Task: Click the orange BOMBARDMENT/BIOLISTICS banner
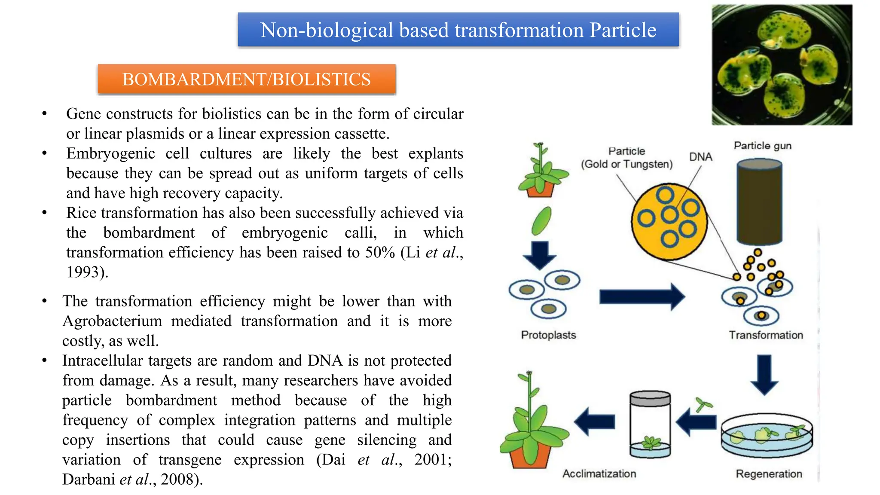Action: (x=246, y=79)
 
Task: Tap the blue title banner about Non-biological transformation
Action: (x=458, y=30)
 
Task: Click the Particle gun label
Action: (x=762, y=146)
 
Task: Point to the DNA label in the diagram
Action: (x=700, y=157)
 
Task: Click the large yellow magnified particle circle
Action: (x=669, y=222)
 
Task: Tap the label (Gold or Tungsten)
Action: (x=626, y=164)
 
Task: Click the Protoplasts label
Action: (x=548, y=335)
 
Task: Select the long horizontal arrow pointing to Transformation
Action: (x=642, y=296)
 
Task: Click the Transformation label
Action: (x=766, y=335)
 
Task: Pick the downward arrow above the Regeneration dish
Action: (x=764, y=374)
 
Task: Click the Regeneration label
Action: (x=769, y=474)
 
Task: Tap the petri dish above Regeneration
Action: (x=767, y=435)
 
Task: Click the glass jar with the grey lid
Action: (x=650, y=425)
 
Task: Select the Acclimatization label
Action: (x=599, y=474)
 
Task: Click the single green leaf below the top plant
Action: (x=541, y=221)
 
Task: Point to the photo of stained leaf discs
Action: (x=782, y=65)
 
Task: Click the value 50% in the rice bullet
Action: (x=380, y=252)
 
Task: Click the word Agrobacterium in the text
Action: (x=112, y=321)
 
